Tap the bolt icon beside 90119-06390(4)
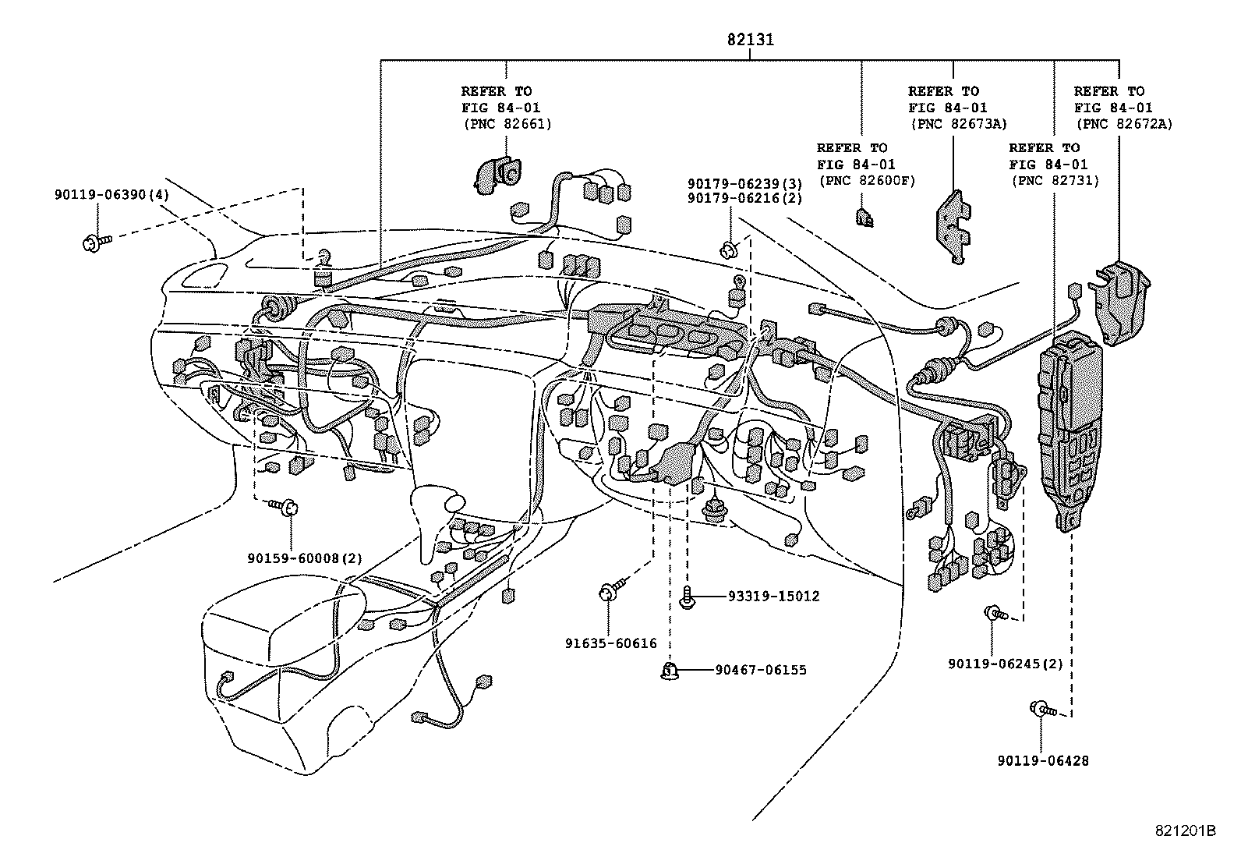(94, 242)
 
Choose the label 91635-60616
(611, 643)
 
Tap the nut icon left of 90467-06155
(669, 671)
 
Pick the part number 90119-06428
(1042, 760)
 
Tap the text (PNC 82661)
(507, 124)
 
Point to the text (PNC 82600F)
(866, 181)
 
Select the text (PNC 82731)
(1054, 181)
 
